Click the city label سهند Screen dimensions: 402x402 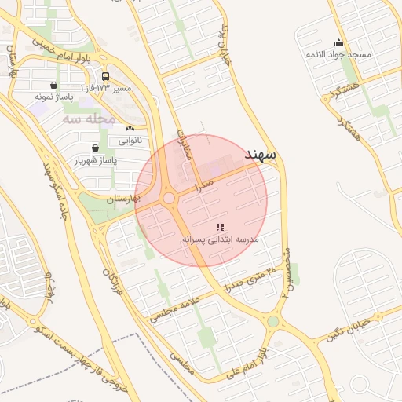click(x=261, y=155)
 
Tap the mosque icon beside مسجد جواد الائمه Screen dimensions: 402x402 click(x=338, y=43)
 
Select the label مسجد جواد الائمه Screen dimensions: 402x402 click(x=338, y=55)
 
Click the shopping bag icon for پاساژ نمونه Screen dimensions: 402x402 click(x=53, y=86)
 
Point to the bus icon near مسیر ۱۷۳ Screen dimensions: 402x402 click(x=105, y=77)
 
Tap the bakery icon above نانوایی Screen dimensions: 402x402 click(x=130, y=128)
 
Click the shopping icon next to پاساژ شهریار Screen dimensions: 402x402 click(x=95, y=148)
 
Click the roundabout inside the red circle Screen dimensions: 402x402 click(x=170, y=198)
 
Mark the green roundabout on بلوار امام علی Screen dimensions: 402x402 click(x=273, y=320)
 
